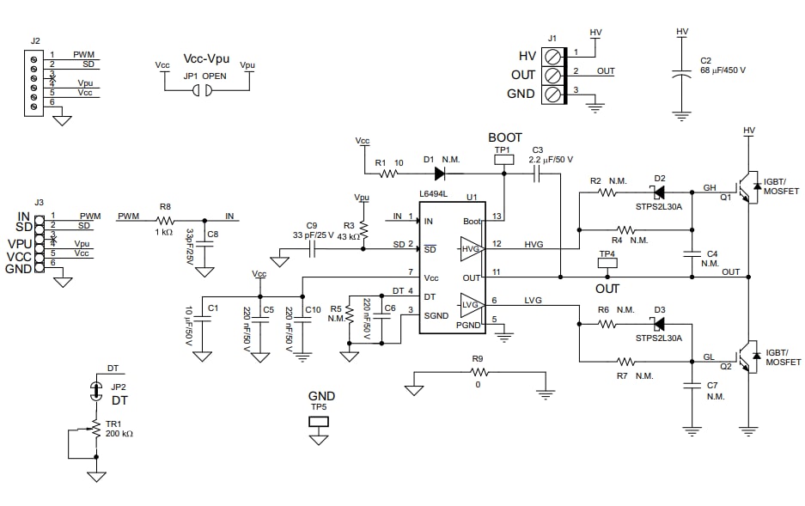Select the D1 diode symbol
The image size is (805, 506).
[440, 173]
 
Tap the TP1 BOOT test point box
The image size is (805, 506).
[504, 159]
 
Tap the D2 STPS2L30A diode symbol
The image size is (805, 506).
[659, 192]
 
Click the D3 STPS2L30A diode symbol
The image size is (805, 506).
[659, 324]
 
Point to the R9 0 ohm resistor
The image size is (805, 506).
[478, 373]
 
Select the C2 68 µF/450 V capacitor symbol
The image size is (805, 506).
[681, 74]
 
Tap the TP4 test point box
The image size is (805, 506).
[607, 265]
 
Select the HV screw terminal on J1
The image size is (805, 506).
[554, 55]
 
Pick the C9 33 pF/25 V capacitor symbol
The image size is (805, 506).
[313, 249]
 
